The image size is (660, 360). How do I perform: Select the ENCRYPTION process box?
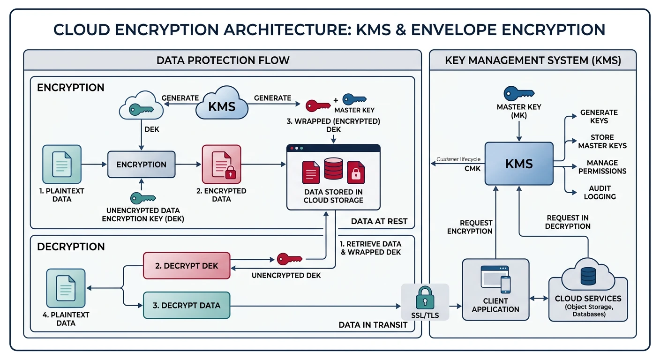(x=141, y=165)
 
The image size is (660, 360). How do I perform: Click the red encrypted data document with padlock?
(x=221, y=164)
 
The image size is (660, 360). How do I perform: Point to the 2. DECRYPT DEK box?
(x=187, y=266)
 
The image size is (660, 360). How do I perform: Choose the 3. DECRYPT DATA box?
(x=187, y=305)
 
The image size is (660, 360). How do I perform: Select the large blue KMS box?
(x=519, y=164)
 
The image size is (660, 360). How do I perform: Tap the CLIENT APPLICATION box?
(x=495, y=290)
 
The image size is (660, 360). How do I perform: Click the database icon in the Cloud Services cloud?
(x=587, y=276)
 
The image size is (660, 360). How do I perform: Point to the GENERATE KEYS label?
(x=599, y=117)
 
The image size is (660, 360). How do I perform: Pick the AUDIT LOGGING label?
(x=600, y=193)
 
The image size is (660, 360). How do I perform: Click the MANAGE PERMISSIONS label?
(x=602, y=167)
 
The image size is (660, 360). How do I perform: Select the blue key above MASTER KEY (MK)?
(x=518, y=93)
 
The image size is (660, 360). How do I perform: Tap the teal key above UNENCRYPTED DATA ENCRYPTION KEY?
(x=142, y=198)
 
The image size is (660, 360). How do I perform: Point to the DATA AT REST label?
(x=379, y=221)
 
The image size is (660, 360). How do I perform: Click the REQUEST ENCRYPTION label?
(x=470, y=227)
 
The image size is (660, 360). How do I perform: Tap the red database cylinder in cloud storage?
(x=333, y=169)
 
